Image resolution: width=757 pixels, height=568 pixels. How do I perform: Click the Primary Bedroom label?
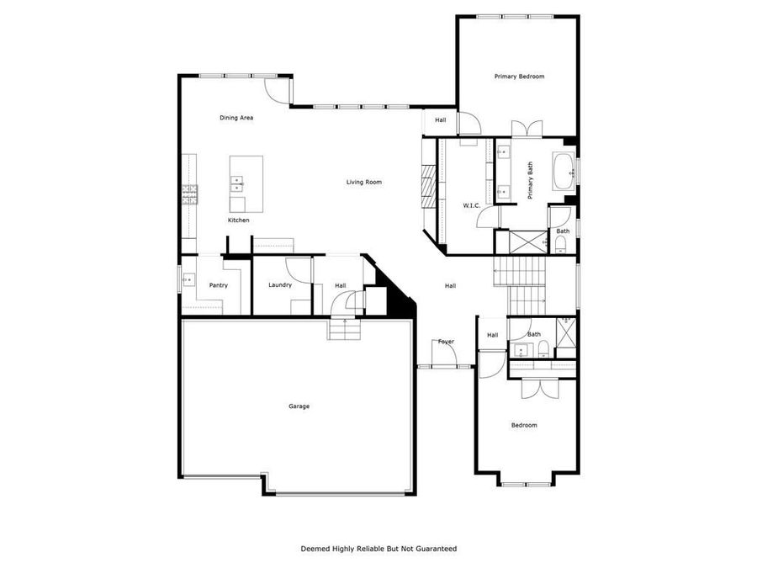pyautogui.click(x=519, y=77)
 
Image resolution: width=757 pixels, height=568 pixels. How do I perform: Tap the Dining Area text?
pyautogui.click(x=236, y=118)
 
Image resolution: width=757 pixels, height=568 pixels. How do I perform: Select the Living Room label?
pyautogui.click(x=364, y=182)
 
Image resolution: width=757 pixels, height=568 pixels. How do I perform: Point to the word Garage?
pyautogui.click(x=299, y=406)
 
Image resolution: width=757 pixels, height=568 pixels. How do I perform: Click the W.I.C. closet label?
pyautogui.click(x=471, y=206)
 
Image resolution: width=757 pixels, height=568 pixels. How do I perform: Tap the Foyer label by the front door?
pyautogui.click(x=446, y=342)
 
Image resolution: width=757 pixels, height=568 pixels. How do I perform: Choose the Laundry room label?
pyautogui.click(x=280, y=285)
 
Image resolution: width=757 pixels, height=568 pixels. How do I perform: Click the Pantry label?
pyautogui.click(x=218, y=286)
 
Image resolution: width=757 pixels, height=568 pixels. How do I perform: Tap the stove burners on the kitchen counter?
pyautogui.click(x=189, y=196)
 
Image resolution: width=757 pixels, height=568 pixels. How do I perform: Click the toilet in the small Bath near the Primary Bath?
pyautogui.click(x=560, y=244)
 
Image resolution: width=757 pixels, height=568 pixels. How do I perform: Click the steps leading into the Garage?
pyautogui.click(x=343, y=329)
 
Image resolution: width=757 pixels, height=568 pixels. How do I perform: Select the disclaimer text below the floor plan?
pyautogui.click(x=378, y=549)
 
